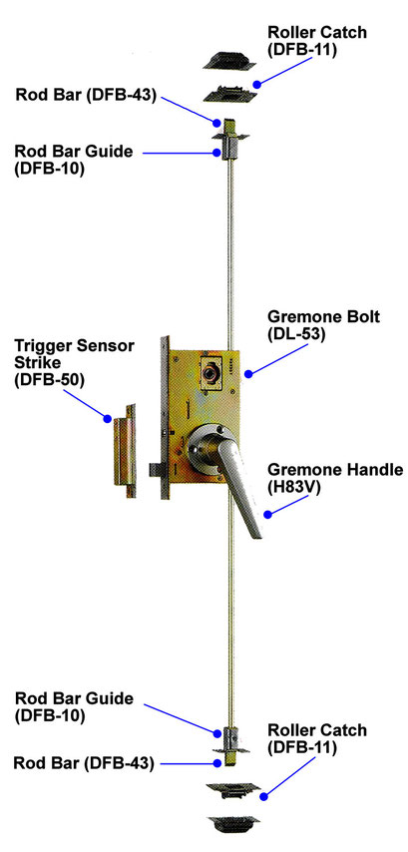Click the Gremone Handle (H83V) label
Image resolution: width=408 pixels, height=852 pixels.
tap(336, 478)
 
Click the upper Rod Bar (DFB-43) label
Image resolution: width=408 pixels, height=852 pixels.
tap(86, 95)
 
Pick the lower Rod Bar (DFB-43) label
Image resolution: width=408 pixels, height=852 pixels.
tap(84, 763)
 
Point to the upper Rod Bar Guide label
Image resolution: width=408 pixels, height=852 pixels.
tap(74, 160)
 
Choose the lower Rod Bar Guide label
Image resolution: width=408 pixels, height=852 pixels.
tap(74, 706)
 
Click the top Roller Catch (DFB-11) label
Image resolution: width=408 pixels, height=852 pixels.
tap(317, 40)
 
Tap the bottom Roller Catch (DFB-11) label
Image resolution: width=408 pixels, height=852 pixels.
tap(317, 738)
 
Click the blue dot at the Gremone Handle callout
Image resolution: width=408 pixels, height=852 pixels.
tap(267, 515)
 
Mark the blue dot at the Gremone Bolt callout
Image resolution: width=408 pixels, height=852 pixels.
tap(248, 374)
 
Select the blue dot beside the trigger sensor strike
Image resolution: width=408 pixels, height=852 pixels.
tap(108, 418)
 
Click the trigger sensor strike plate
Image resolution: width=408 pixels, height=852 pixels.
tap(124, 451)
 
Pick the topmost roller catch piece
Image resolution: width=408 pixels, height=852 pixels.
tap(229, 60)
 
